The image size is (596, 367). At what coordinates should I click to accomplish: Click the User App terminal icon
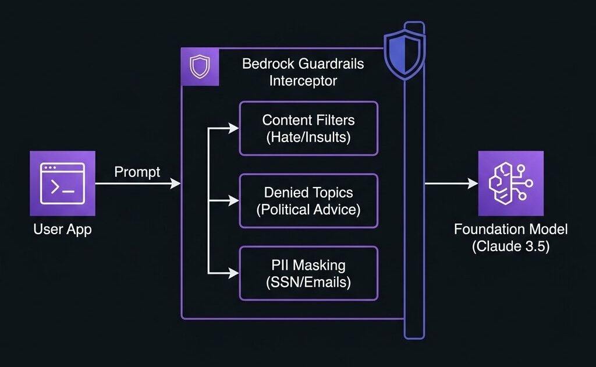[x=62, y=183]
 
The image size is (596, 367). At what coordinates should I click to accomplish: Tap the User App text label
[x=62, y=230]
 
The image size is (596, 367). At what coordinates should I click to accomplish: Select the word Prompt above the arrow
[x=137, y=172]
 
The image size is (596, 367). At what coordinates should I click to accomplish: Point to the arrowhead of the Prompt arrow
[x=176, y=184]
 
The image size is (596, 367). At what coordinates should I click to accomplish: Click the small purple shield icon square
[x=200, y=67]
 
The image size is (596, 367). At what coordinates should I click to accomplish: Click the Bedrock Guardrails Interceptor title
[x=303, y=72]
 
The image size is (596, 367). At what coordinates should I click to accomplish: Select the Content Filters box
[x=308, y=128]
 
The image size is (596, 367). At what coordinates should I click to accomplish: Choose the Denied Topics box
[x=308, y=200]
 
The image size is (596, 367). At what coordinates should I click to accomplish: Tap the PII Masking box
[x=308, y=273]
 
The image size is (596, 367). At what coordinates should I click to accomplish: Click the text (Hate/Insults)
[x=308, y=137]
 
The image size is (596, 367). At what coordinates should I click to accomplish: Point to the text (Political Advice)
[x=308, y=210]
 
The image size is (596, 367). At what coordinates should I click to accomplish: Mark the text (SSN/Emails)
[x=308, y=283]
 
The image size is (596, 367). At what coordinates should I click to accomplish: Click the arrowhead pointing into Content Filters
[x=234, y=129]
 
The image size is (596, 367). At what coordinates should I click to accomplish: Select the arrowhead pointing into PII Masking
[x=234, y=273]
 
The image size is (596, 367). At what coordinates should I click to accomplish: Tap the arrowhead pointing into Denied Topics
[x=234, y=201]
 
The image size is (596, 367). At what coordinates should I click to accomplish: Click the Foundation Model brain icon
[x=510, y=183]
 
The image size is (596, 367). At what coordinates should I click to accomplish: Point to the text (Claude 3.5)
[x=510, y=246]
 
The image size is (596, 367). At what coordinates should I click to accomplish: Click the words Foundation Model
[x=510, y=229]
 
